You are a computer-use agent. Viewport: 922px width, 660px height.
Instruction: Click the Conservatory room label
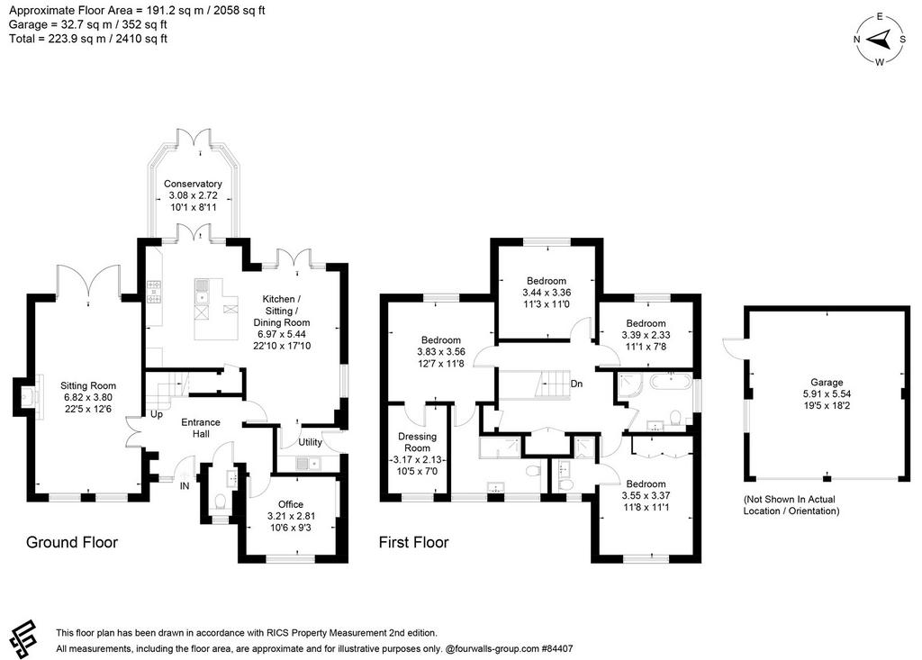(x=193, y=184)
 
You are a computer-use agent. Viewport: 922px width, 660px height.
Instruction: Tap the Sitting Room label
(x=88, y=386)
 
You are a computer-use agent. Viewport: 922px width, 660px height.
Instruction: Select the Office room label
(x=291, y=504)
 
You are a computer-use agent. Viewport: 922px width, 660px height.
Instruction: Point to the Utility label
(x=310, y=442)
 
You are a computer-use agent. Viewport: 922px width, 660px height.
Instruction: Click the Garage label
(x=827, y=383)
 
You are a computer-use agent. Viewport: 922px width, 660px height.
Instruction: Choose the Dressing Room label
(x=418, y=442)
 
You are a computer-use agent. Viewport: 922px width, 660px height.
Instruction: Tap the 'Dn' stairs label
(x=576, y=384)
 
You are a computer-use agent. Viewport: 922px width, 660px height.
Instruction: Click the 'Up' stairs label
(x=157, y=414)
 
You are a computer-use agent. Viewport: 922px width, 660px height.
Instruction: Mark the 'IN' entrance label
(x=185, y=486)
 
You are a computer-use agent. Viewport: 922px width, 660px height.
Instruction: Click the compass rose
(x=880, y=40)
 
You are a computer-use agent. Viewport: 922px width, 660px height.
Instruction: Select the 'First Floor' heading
(x=413, y=542)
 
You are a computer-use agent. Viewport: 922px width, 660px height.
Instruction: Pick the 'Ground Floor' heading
(x=72, y=542)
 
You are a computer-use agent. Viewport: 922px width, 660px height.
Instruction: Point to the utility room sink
(x=310, y=464)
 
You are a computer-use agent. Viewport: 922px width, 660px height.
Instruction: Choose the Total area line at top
(x=88, y=39)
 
